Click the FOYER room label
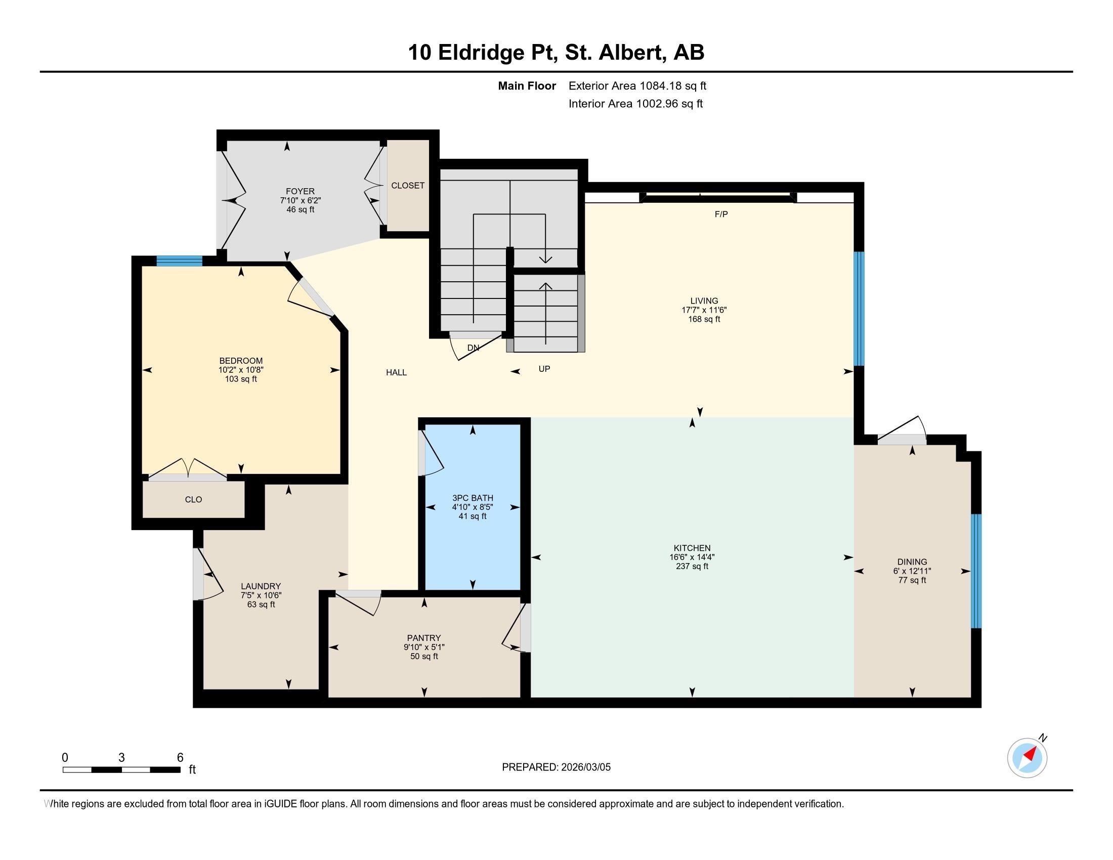click(x=300, y=192)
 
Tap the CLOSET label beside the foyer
click(x=408, y=186)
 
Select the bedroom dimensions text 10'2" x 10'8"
click(x=241, y=370)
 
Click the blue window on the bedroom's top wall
click(x=179, y=261)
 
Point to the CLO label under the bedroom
click(x=193, y=499)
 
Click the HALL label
click(x=396, y=372)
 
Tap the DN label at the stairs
click(x=473, y=348)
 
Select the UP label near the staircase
click(x=544, y=368)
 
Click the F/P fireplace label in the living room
click(x=721, y=214)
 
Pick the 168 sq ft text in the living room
click(x=704, y=319)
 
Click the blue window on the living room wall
click(x=859, y=308)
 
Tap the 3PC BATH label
click(x=473, y=498)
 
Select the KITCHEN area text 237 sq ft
click(x=692, y=566)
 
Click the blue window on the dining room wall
click(x=975, y=571)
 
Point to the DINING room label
click(x=912, y=562)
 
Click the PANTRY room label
click(x=423, y=638)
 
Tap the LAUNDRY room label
click(x=261, y=586)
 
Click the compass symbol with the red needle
click(x=1027, y=758)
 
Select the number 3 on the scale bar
click(x=121, y=758)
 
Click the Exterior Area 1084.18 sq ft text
click(x=637, y=85)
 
